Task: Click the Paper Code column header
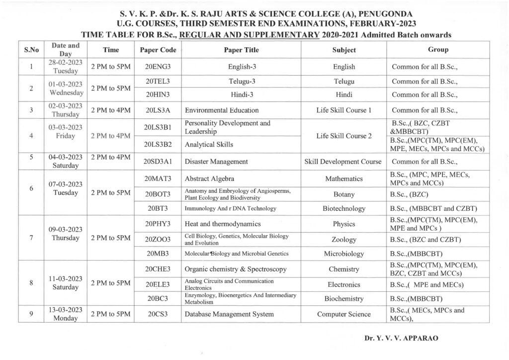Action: tap(158, 50)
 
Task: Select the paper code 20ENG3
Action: tap(158, 67)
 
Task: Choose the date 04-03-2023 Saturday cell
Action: tap(65, 161)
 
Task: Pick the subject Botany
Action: tap(343, 194)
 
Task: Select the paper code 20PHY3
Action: tap(158, 224)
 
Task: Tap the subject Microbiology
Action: tap(343, 254)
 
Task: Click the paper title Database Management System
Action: tap(229, 314)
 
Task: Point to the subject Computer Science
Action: tap(343, 314)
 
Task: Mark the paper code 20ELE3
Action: tap(158, 284)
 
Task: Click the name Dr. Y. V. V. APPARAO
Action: tap(401, 338)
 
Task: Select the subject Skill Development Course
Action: tap(343, 162)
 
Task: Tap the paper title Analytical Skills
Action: tap(209, 144)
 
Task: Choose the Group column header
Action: tap(438, 50)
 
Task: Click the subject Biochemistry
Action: tap(343, 299)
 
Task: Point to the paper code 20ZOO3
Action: tap(158, 239)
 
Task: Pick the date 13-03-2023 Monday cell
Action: tap(65, 314)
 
